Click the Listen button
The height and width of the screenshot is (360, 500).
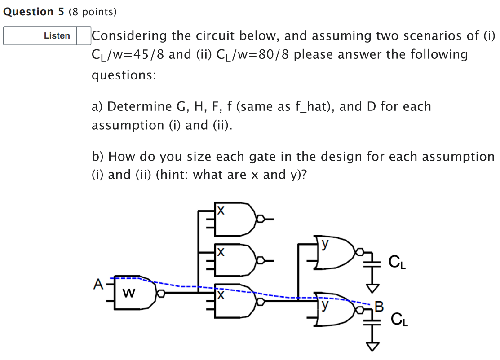click(x=57, y=36)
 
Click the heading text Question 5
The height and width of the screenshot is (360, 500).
click(x=34, y=12)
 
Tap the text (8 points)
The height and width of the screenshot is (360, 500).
click(x=93, y=12)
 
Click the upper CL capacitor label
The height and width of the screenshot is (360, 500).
click(x=397, y=262)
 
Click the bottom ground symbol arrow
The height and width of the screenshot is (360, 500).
click(x=372, y=346)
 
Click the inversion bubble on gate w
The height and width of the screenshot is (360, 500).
click(x=160, y=294)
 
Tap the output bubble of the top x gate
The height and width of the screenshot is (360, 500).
click(x=259, y=220)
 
